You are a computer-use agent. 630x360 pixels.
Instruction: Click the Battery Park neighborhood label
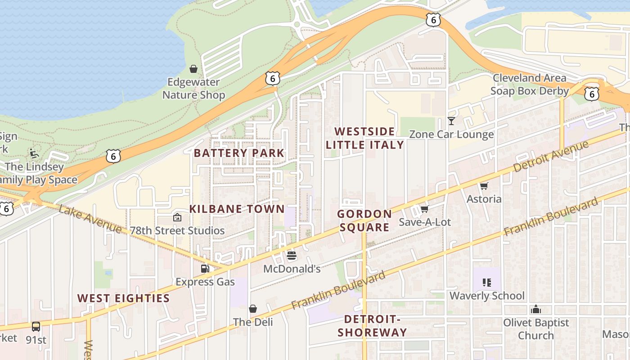point(239,153)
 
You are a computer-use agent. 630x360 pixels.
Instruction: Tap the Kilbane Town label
point(237,209)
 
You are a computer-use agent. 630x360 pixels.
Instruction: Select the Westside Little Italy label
point(364,138)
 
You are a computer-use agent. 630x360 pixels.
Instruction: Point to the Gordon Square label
point(364,220)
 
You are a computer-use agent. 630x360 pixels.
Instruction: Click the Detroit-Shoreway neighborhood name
point(372,326)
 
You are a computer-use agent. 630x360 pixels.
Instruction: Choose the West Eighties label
point(123,298)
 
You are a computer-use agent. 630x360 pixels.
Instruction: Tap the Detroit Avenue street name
point(551,156)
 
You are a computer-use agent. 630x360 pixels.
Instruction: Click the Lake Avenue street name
point(90,220)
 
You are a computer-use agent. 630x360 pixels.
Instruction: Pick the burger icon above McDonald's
point(292,256)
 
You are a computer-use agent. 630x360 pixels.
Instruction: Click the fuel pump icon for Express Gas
point(205,269)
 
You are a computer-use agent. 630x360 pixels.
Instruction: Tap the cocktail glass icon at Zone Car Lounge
point(451,121)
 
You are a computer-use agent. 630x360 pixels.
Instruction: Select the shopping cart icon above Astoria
point(484,186)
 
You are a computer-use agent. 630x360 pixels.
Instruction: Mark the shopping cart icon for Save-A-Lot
point(424,209)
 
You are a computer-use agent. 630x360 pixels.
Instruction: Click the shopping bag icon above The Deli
point(253,309)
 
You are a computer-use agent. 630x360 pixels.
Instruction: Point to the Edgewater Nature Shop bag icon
point(193,69)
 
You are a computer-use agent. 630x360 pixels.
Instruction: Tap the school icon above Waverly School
point(486,283)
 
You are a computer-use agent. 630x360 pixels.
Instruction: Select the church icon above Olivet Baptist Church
point(535,309)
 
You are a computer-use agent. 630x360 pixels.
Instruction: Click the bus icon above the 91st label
point(36,326)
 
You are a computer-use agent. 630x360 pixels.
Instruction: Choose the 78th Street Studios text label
point(177,230)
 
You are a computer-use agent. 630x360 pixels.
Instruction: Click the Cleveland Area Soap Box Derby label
point(529,84)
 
